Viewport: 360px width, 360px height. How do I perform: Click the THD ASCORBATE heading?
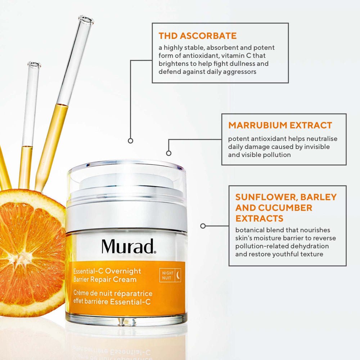point(198,36)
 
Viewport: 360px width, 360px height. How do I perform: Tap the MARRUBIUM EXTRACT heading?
point(280,125)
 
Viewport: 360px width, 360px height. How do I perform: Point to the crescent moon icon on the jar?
point(177,276)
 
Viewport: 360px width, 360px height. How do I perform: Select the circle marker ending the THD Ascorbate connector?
point(131,141)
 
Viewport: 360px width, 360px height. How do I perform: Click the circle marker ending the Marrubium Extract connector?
point(169,153)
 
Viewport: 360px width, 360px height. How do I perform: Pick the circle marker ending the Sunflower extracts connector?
point(203,226)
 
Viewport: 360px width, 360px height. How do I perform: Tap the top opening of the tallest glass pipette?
point(86,19)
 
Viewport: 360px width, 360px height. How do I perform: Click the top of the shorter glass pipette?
point(34,65)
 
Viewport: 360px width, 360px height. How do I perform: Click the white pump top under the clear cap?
point(126,182)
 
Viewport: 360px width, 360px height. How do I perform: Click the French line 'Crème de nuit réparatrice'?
point(113,293)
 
